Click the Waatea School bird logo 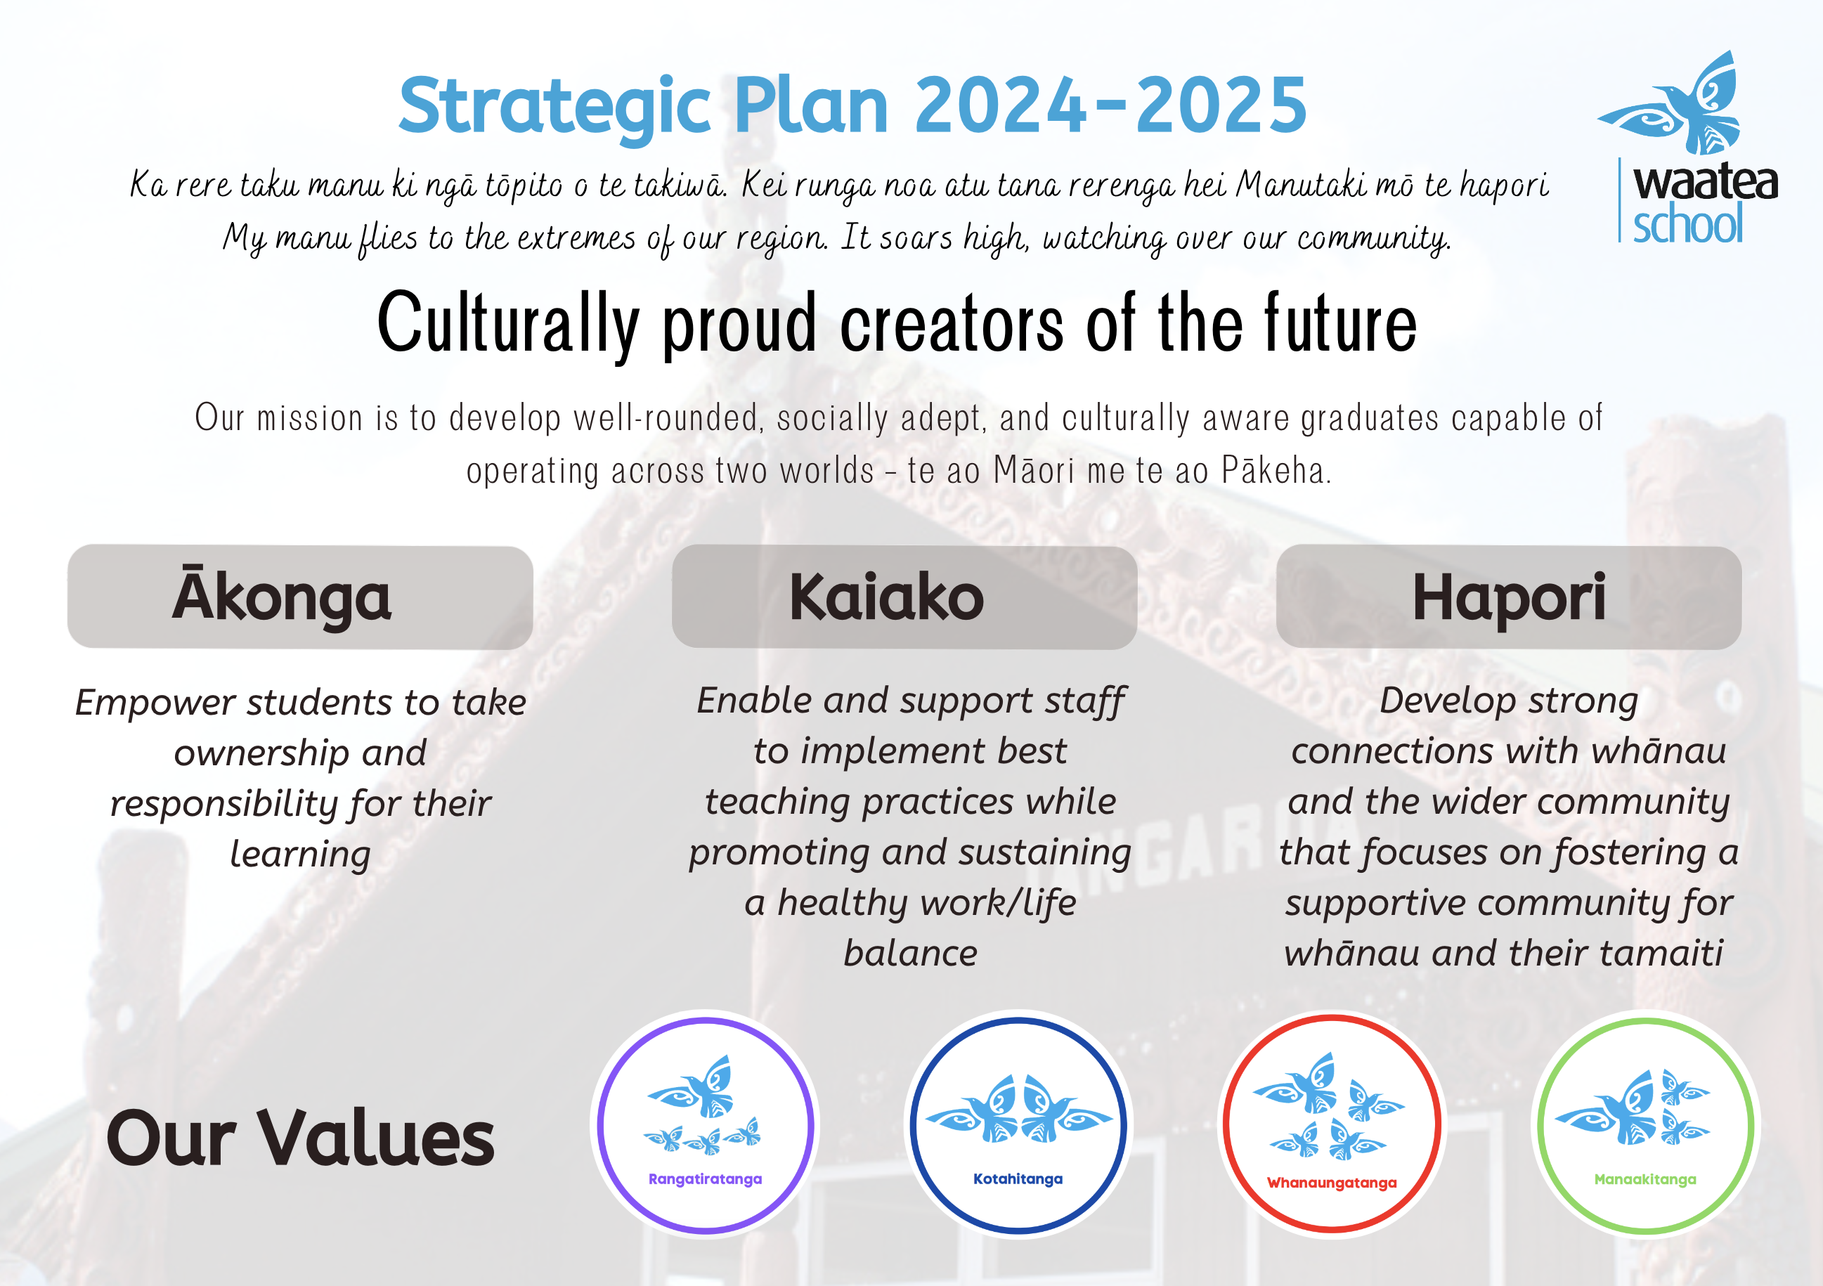coord(1670,103)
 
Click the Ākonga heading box coord(300,597)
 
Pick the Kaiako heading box coord(904,597)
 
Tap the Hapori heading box coord(1509,597)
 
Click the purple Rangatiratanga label coord(705,1180)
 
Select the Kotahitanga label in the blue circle coord(1018,1179)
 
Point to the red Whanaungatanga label coord(1332,1183)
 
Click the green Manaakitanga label coord(1645,1180)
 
